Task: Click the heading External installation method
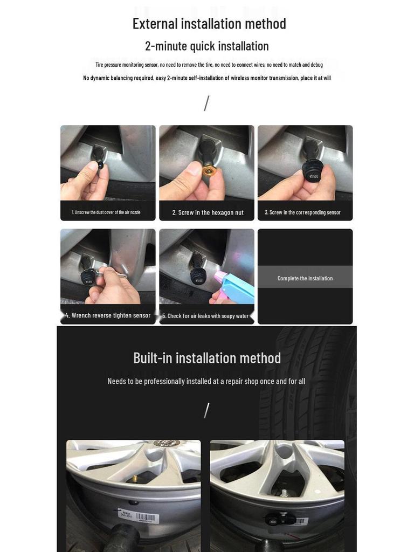coord(209,24)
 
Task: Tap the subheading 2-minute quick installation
coord(207,46)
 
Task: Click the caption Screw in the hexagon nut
coord(208,212)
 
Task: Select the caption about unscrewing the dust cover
coord(106,212)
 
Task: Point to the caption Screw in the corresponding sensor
coord(302,212)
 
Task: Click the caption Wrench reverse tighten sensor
coord(108,315)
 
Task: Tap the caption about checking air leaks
coord(205,316)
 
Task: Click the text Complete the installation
coord(305,278)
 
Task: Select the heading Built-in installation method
coord(207,358)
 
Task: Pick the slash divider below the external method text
coord(206,103)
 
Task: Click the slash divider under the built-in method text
coord(206,410)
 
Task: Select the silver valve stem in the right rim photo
coord(282,492)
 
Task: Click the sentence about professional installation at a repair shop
coord(206,381)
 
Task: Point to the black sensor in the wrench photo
coord(88,278)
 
